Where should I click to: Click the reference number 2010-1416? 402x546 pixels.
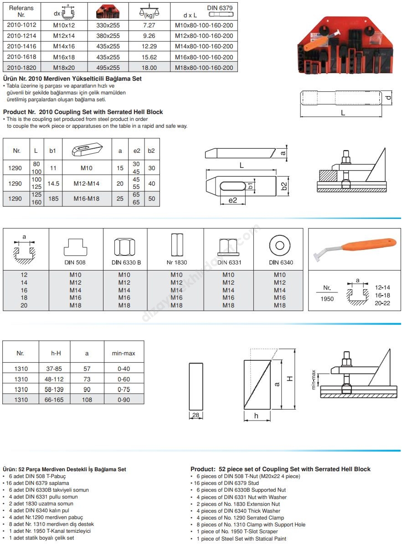click(x=22, y=47)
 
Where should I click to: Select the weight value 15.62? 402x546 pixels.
click(x=149, y=57)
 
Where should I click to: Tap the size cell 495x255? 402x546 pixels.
click(x=108, y=68)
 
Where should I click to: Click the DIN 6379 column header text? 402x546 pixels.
click(x=219, y=8)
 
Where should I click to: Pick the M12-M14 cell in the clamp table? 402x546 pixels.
click(x=86, y=183)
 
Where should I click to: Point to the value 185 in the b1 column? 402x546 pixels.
click(x=53, y=199)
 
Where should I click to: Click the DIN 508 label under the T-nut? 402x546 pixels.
click(x=75, y=262)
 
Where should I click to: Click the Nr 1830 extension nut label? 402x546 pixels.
click(x=176, y=262)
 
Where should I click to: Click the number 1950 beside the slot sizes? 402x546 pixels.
click(x=327, y=299)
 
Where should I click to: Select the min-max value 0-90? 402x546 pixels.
click(x=124, y=400)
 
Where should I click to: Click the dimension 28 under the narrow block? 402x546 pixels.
click(x=196, y=416)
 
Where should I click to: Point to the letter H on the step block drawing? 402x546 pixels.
click(x=289, y=378)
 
